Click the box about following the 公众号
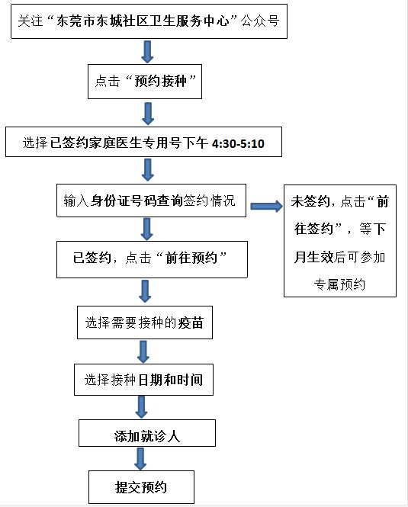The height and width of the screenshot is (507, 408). point(149,21)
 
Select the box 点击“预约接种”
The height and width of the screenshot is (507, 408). point(145,82)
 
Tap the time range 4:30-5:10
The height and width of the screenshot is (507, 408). point(238,143)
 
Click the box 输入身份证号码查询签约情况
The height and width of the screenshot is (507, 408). point(152,201)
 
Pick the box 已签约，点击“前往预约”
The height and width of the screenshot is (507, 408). point(152,259)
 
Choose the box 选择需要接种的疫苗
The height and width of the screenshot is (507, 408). point(145,322)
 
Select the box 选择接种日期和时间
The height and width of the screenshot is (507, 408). point(143,380)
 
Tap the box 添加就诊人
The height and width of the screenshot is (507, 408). point(147,433)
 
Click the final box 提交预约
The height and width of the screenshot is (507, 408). point(141,487)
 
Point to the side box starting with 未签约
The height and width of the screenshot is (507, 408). point(340,241)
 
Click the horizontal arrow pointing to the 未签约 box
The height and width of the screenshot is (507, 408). point(267,207)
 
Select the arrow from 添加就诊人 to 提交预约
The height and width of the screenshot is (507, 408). point(140,459)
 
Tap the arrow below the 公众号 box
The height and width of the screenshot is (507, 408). point(147,52)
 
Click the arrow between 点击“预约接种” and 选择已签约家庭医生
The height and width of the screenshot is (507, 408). point(148,114)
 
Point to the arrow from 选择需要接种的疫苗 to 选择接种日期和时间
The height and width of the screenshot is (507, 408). point(143,351)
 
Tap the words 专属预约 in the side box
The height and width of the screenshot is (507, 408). point(339,284)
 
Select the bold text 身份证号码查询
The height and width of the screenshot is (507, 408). point(137,201)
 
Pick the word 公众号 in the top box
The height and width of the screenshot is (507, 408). point(260,21)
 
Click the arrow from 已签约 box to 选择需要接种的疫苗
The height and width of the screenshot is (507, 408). point(145,291)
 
